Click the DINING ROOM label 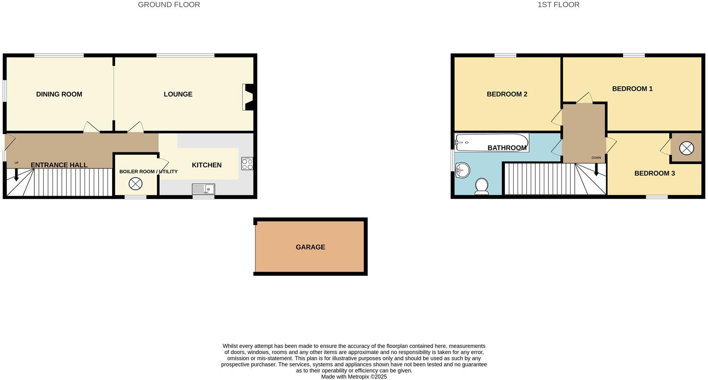pyautogui.click(x=59, y=94)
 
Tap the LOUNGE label pyautogui.click(x=178, y=94)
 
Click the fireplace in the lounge pyautogui.click(x=248, y=97)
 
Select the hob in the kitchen pyautogui.click(x=247, y=164)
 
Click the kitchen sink pyautogui.click(x=203, y=189)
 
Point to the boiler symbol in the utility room pyautogui.click(x=135, y=184)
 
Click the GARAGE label pyautogui.click(x=310, y=247)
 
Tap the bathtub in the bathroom pyautogui.click(x=492, y=142)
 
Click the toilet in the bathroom pyautogui.click(x=482, y=186)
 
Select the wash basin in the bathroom pyautogui.click(x=462, y=170)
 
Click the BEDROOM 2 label pyautogui.click(x=507, y=94)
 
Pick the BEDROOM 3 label pyautogui.click(x=654, y=173)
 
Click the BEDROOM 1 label pyautogui.click(x=632, y=89)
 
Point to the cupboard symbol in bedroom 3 pyautogui.click(x=686, y=148)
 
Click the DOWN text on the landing pyautogui.click(x=596, y=158)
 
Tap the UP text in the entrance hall pyautogui.click(x=16, y=163)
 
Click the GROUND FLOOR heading pyautogui.click(x=169, y=5)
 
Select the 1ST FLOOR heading pyautogui.click(x=558, y=5)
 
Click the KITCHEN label pyautogui.click(x=207, y=165)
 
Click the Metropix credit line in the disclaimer pyautogui.click(x=354, y=377)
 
